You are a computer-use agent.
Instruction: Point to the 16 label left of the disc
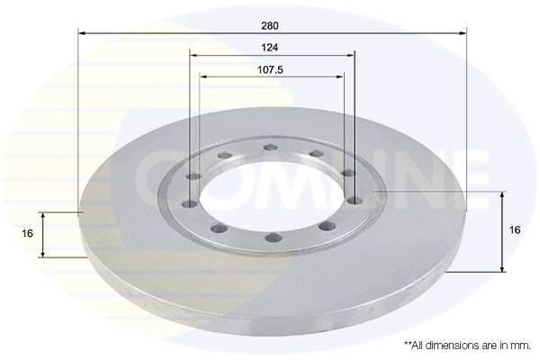28,233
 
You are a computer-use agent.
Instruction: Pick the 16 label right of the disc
515,230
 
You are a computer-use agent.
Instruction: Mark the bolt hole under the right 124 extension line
355,201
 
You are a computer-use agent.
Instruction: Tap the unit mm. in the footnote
520,345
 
